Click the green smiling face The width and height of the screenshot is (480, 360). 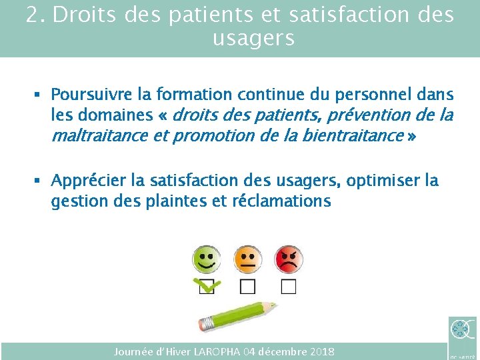(207, 258)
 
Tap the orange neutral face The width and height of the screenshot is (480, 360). (247, 258)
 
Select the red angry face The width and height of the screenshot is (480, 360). (288, 258)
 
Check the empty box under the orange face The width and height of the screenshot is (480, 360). (247, 287)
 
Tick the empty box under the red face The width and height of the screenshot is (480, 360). (288, 287)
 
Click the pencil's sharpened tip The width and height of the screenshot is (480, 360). (273, 306)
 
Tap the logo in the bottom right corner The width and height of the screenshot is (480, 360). (462, 331)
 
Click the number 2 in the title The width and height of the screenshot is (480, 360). (33, 15)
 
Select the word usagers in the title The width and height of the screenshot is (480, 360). (253, 38)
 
